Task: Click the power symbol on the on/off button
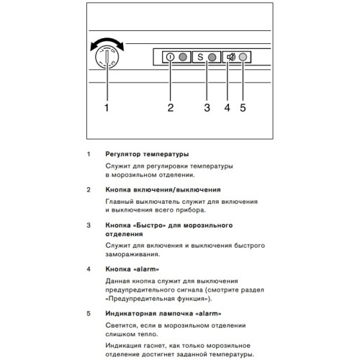pyautogui.click(x=170, y=58)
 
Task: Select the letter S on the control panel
pyautogui.click(x=200, y=58)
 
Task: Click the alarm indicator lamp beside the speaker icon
pyautogui.click(x=243, y=58)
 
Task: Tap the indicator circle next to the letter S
pyautogui.click(x=212, y=58)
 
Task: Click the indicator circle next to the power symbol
pyautogui.click(x=183, y=58)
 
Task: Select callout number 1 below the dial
pyautogui.click(x=107, y=108)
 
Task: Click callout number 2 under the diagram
pyautogui.click(x=171, y=108)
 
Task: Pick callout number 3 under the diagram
pyautogui.click(x=207, y=108)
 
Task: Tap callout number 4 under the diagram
pyautogui.click(x=227, y=108)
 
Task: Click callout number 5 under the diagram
pyautogui.click(x=243, y=108)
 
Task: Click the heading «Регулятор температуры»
pyautogui.click(x=147, y=154)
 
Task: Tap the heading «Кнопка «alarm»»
pyautogui.click(x=127, y=269)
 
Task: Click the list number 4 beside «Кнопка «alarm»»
pyautogui.click(x=88, y=269)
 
